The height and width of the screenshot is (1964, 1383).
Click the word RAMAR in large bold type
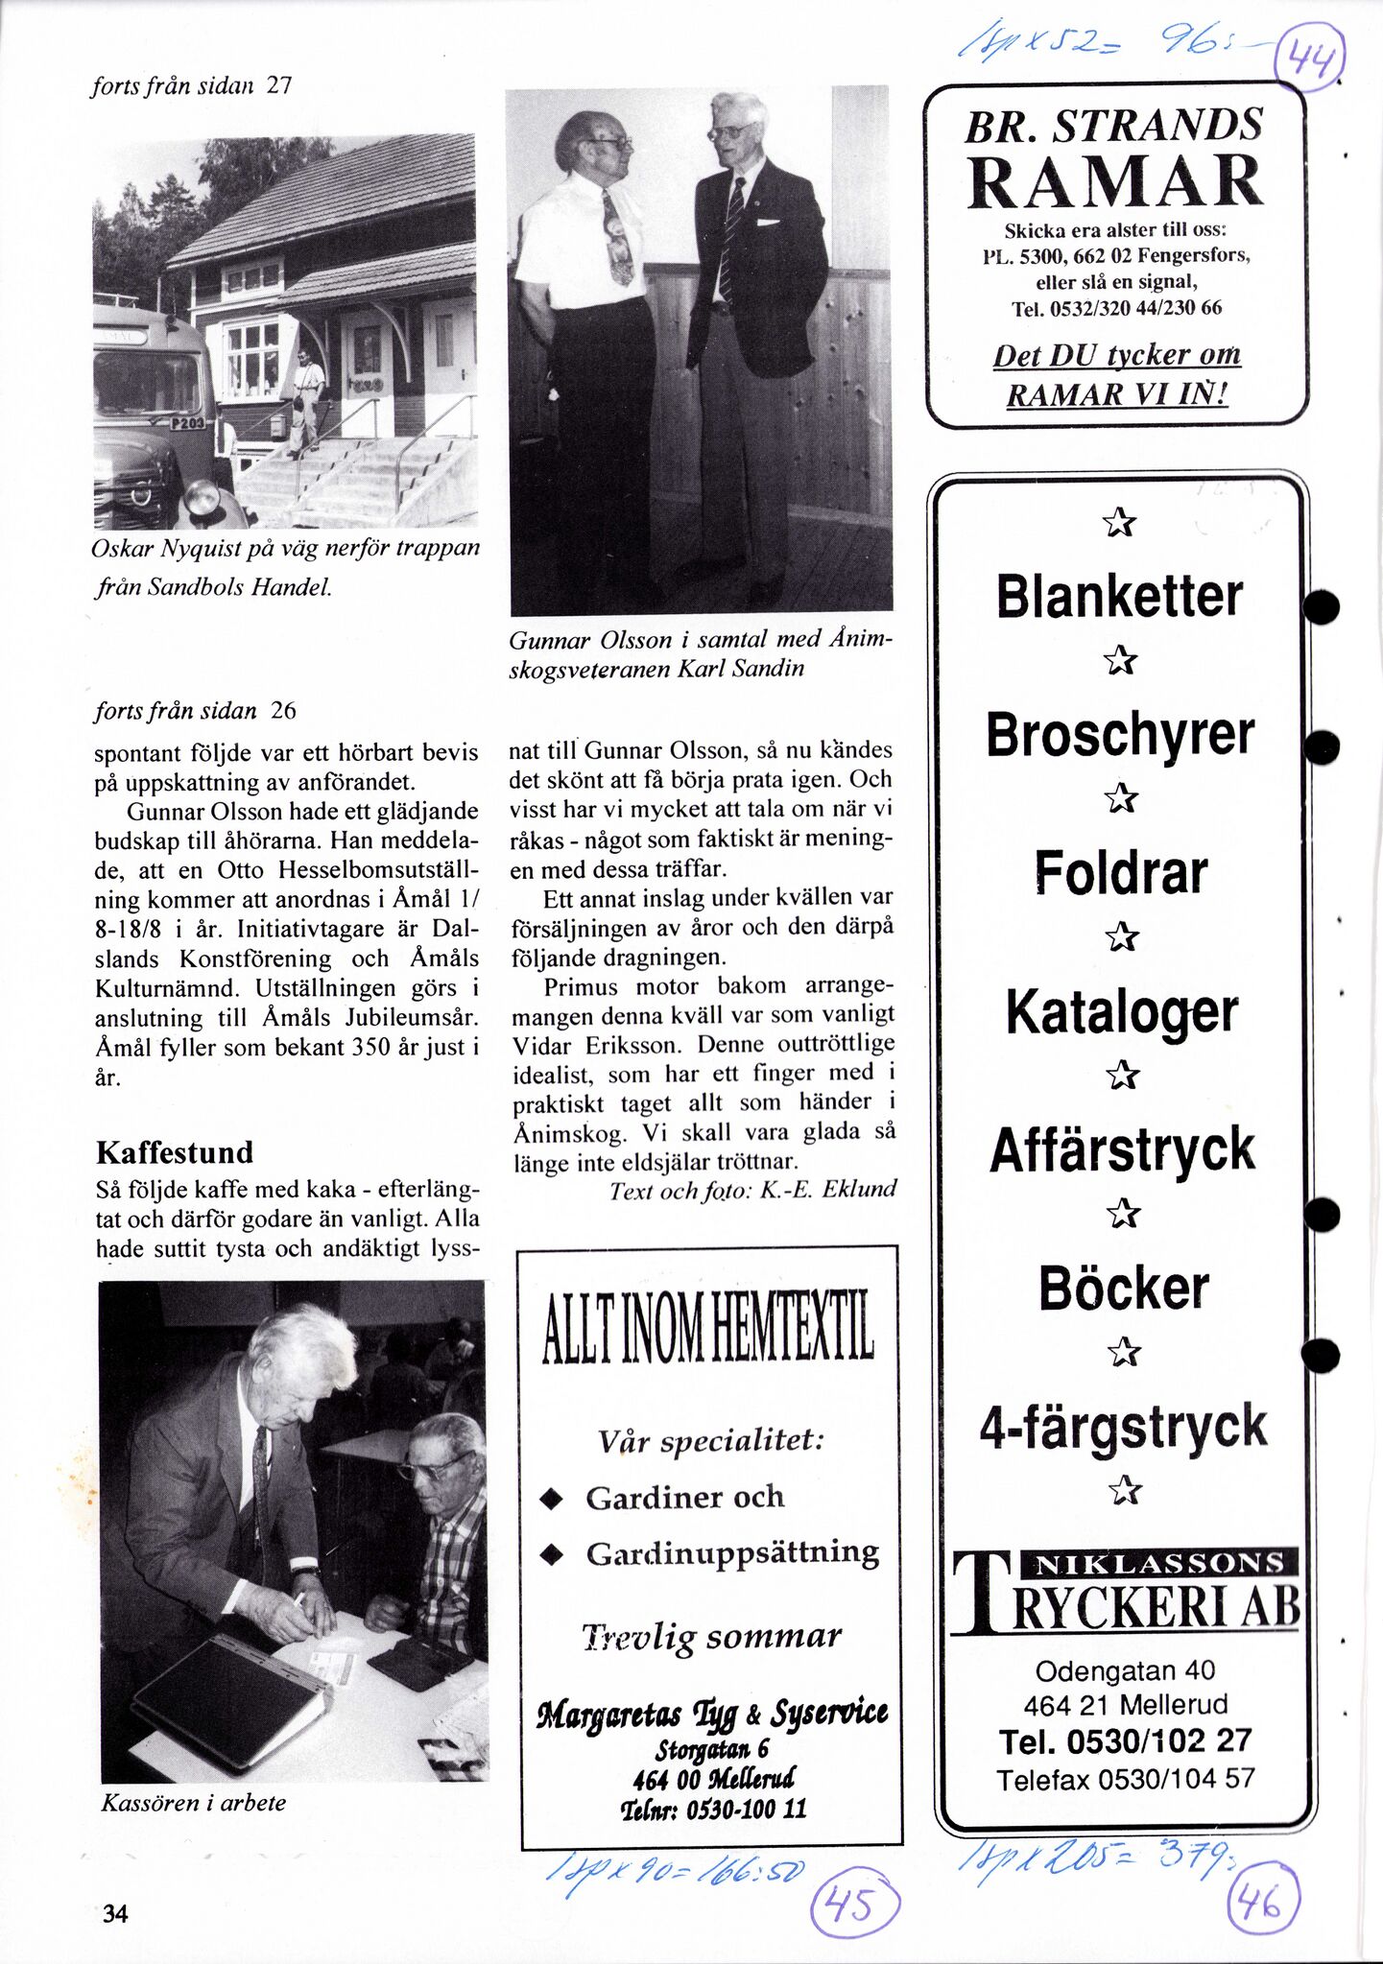click(x=1114, y=182)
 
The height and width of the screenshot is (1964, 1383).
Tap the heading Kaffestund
click(x=175, y=1152)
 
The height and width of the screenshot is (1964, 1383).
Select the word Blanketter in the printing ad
click(x=1119, y=596)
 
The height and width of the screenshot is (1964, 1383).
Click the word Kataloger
click(x=1121, y=1013)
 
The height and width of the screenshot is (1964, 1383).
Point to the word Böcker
click(x=1123, y=1288)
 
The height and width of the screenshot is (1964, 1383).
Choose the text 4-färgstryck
click(x=1122, y=1426)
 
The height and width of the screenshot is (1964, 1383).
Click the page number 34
click(x=115, y=1914)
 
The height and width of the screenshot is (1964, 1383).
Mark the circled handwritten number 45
click(x=855, y=1905)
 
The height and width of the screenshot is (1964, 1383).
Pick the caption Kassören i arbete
click(x=194, y=1803)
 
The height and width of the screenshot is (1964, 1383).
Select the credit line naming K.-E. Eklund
click(x=752, y=1191)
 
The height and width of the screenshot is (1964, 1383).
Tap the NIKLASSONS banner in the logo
click(x=1157, y=1563)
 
